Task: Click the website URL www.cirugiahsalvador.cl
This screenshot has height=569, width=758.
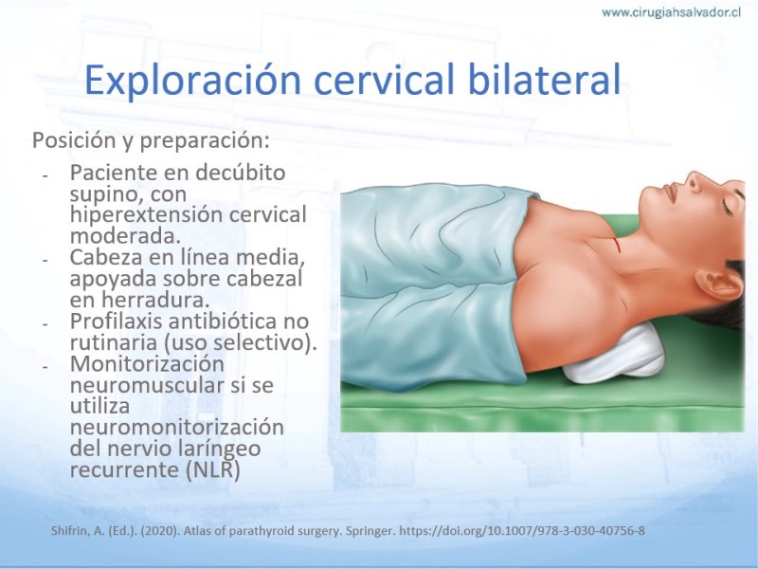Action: point(671,12)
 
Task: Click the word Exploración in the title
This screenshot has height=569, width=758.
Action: point(193,79)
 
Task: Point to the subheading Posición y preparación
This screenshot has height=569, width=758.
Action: point(151,140)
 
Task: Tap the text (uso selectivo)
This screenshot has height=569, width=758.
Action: point(241,342)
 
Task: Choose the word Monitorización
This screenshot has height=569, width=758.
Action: point(147,363)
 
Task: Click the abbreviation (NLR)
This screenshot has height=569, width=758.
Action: point(212,469)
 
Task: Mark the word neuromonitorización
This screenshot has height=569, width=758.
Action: point(177,428)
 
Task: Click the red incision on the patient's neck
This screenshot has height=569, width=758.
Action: point(618,246)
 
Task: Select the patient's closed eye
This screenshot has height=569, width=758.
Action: point(727,207)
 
